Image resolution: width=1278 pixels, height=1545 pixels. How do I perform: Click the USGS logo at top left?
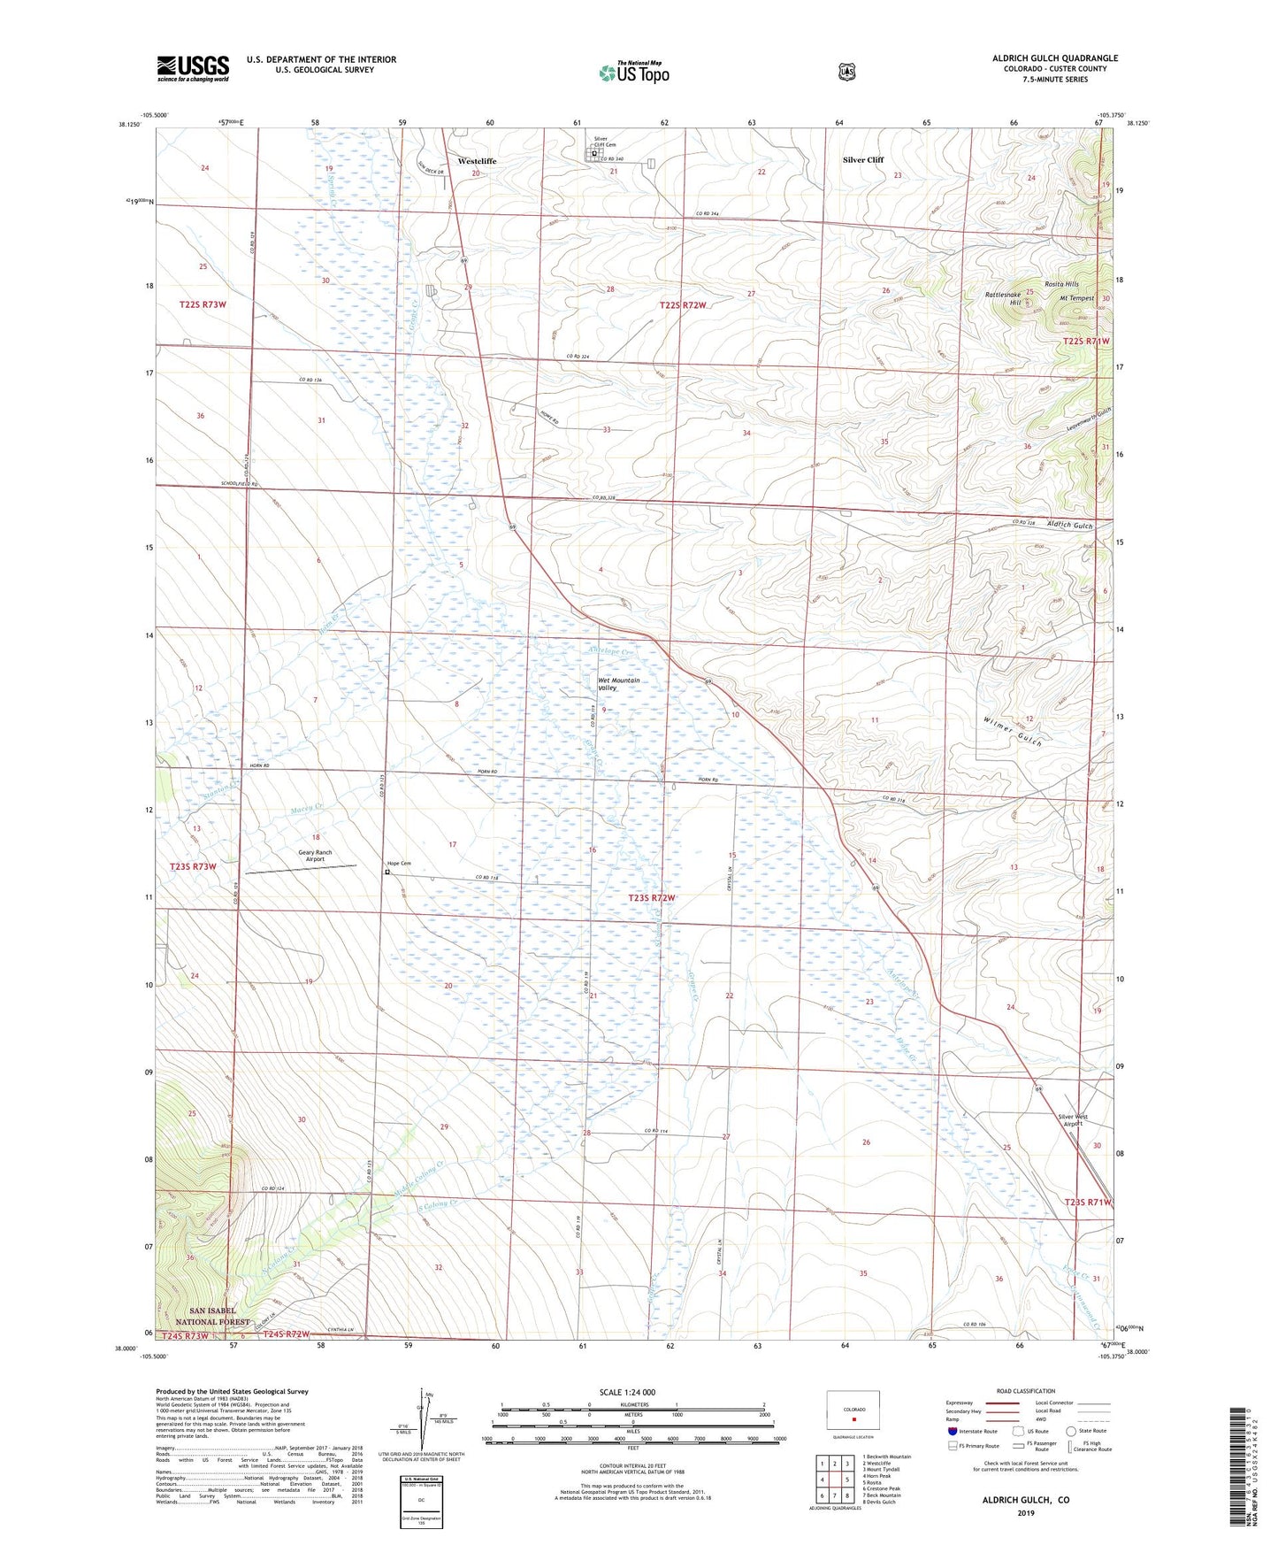[x=193, y=68]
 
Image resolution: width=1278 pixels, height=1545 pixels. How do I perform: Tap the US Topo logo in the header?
[x=633, y=73]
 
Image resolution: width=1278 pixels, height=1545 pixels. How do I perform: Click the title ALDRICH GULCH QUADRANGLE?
[x=1054, y=58]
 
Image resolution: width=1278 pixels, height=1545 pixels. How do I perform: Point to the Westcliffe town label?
[x=477, y=161]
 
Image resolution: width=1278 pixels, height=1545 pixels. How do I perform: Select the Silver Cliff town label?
[x=862, y=160]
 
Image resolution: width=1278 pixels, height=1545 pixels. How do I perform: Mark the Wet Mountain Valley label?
[x=618, y=684]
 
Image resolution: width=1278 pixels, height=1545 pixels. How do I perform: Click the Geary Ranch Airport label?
[x=310, y=856]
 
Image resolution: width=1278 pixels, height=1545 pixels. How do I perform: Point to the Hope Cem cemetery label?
[x=399, y=864]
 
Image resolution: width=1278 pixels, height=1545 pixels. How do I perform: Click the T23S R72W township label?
[x=651, y=898]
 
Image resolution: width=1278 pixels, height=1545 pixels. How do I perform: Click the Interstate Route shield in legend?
[x=953, y=1430]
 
